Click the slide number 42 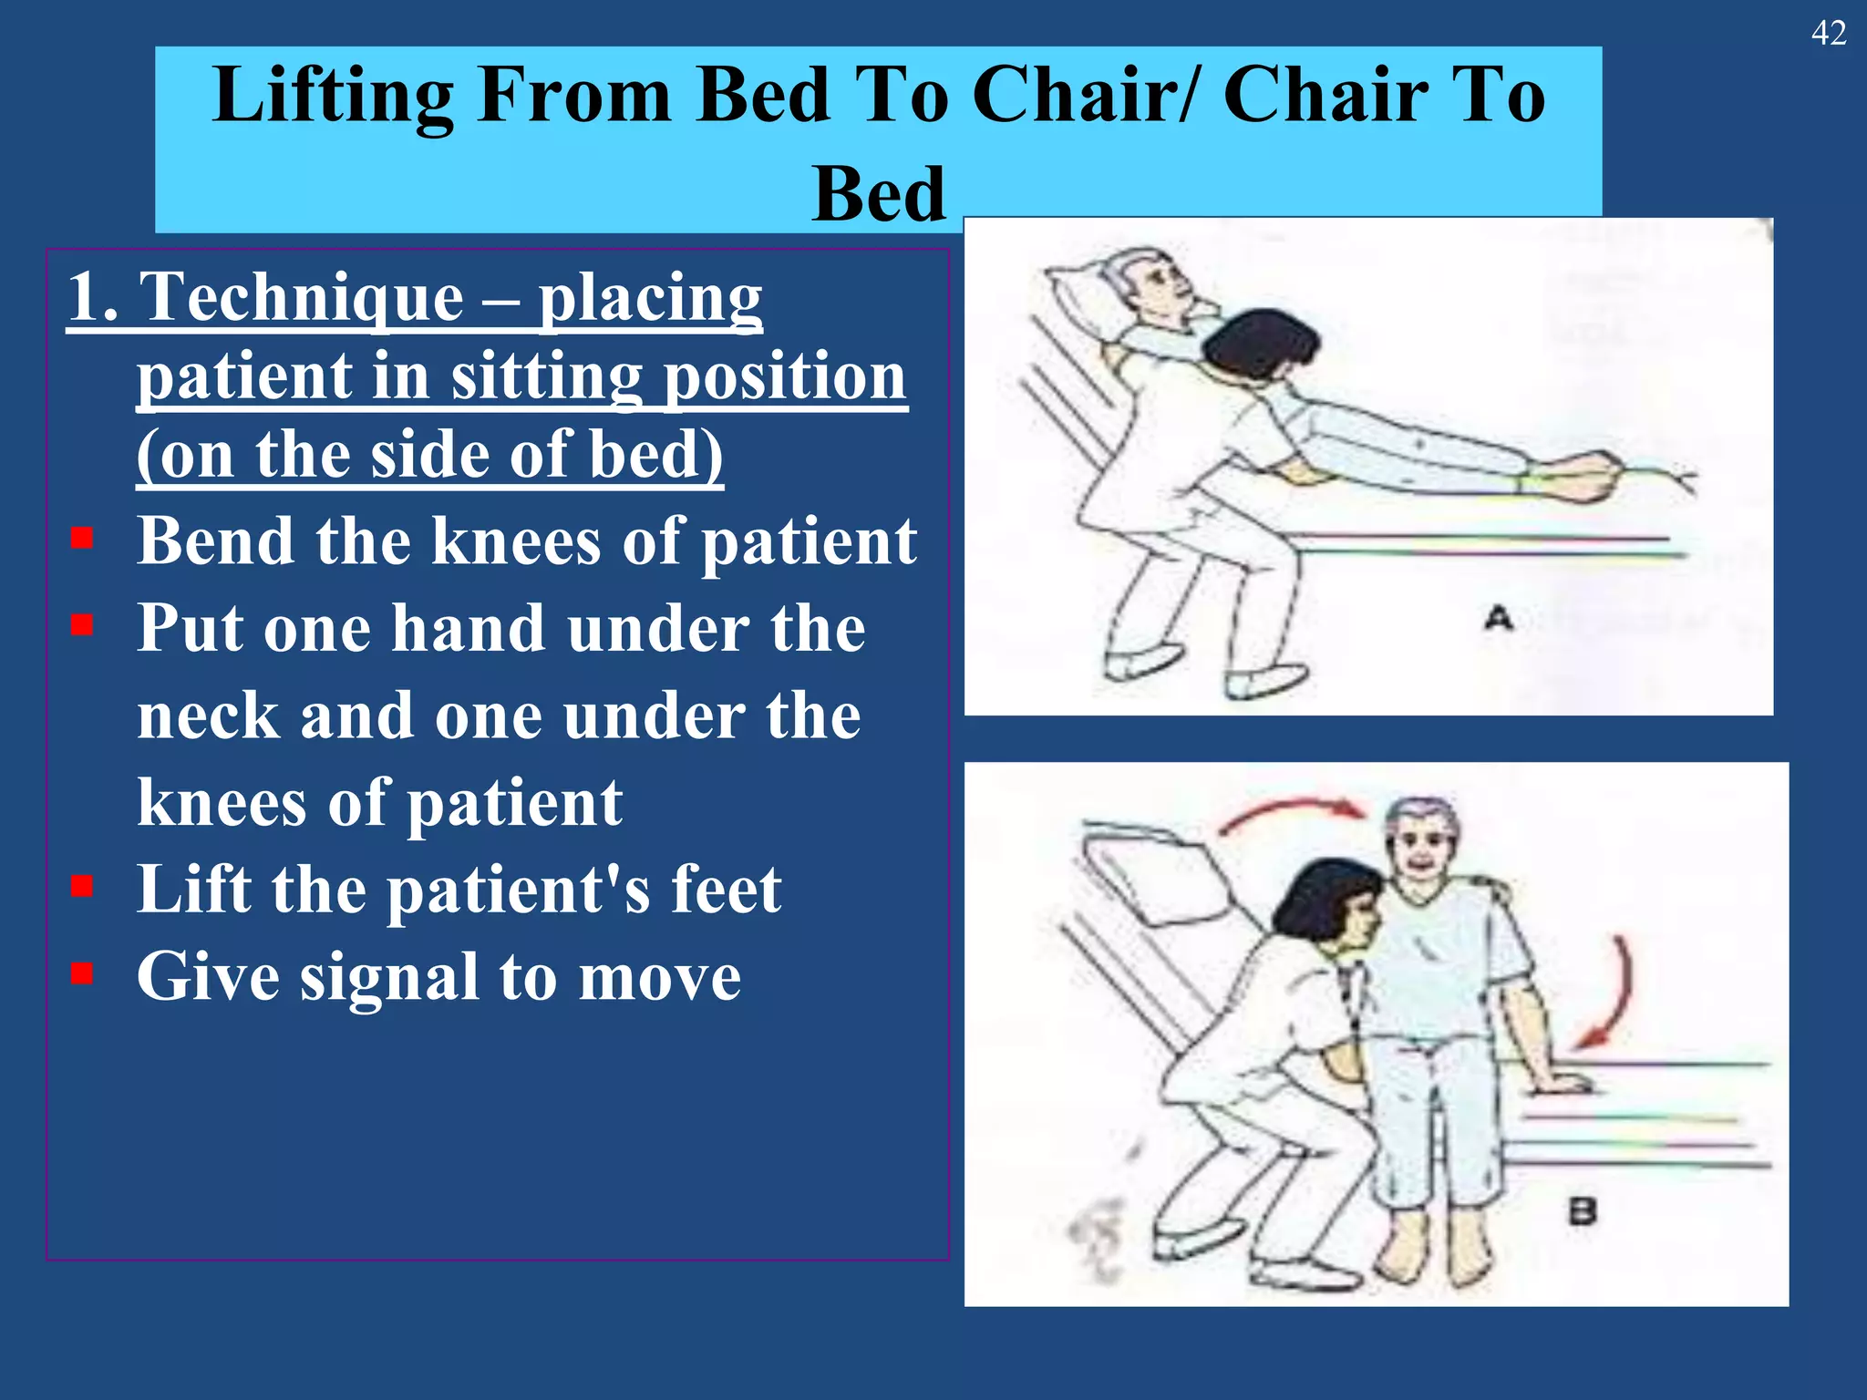click(1828, 34)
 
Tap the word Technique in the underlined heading click(302, 297)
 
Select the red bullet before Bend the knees click(82, 538)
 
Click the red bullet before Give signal click(82, 973)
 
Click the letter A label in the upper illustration click(1498, 619)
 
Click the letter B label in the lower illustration click(1583, 1212)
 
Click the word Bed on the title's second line click(879, 194)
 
